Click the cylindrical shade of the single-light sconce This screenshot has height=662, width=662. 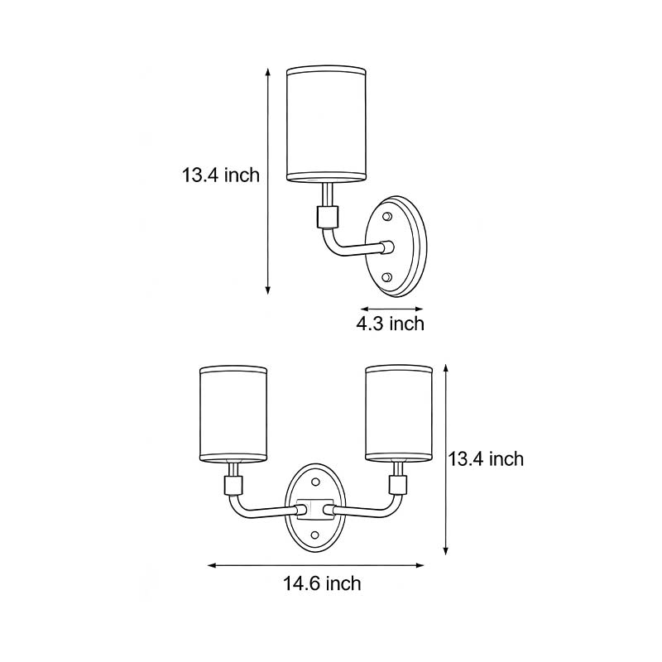pyautogui.click(x=326, y=124)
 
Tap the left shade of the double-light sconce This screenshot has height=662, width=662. pyautogui.click(x=234, y=413)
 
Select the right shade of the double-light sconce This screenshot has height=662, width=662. pyautogui.click(x=400, y=413)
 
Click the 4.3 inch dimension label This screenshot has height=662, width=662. pyautogui.click(x=390, y=323)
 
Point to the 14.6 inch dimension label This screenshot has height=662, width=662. pyautogui.click(x=322, y=583)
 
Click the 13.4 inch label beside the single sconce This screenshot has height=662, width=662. pyautogui.click(x=221, y=175)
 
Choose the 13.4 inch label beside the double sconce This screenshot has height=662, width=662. pyautogui.click(x=486, y=458)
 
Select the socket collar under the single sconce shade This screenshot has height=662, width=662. pyautogui.click(x=326, y=218)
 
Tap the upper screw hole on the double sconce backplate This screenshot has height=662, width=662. pyautogui.click(x=317, y=482)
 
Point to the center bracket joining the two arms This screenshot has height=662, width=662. pyautogui.click(x=317, y=506)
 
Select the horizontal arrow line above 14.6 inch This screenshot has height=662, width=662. pyautogui.click(x=315, y=566)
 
